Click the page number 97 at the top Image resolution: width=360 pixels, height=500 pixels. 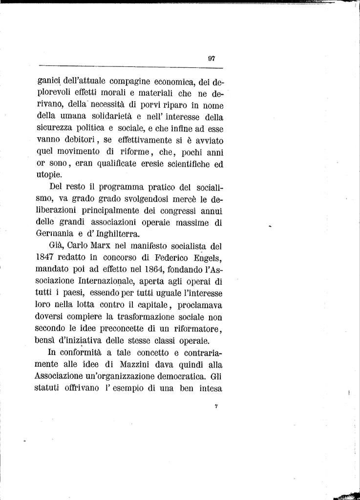[x=212, y=58]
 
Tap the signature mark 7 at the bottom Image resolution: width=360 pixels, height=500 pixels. [x=215, y=406]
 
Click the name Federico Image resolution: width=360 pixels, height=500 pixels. [x=165, y=257]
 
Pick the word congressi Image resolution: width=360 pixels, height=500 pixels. [x=187, y=211]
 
